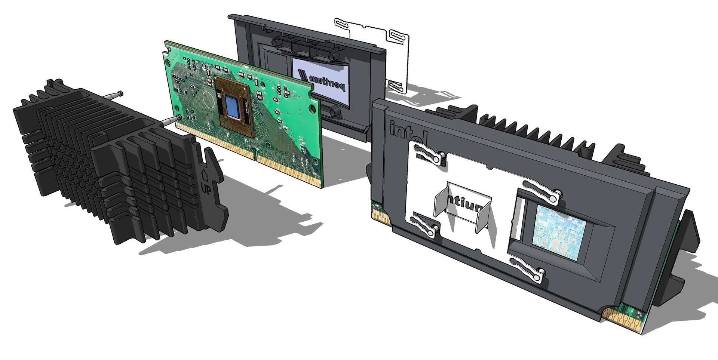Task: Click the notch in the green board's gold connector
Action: pos(255,152)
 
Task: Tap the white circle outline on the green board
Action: pos(207,99)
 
